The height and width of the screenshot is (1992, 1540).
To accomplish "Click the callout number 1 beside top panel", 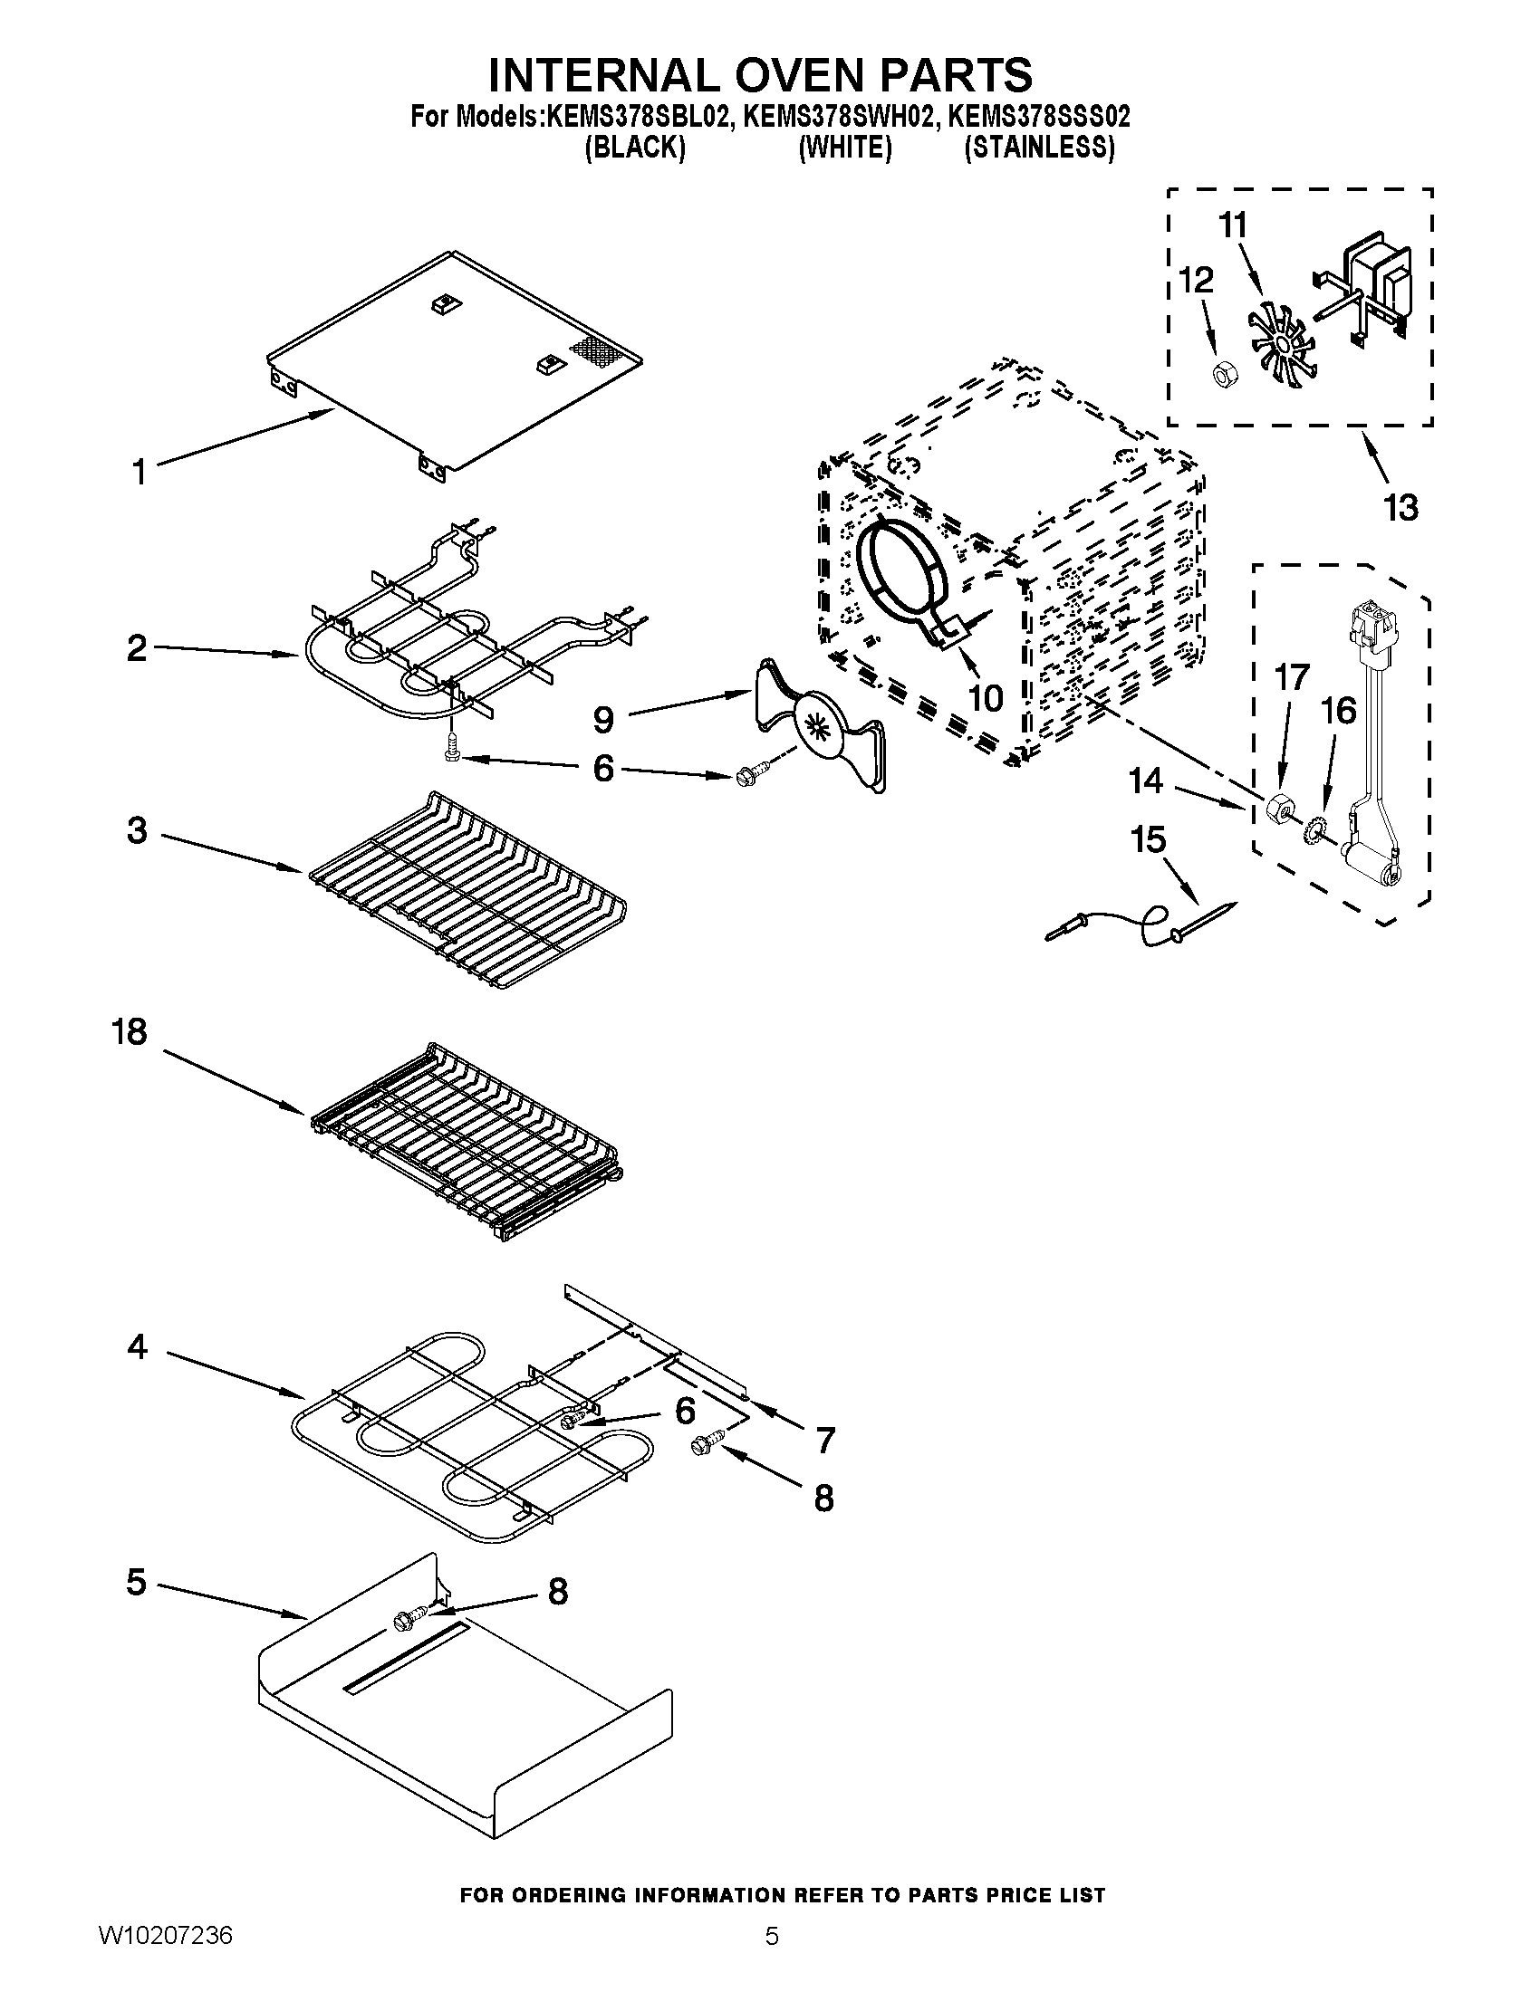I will pyautogui.click(x=139, y=473).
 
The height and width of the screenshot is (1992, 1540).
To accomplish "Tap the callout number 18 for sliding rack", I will pyautogui.click(x=130, y=1032).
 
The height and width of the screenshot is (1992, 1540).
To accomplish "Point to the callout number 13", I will pyautogui.click(x=1400, y=507).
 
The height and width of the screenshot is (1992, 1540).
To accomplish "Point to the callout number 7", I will pyautogui.click(x=824, y=1441).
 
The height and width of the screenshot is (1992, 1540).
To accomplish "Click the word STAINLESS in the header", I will pyautogui.click(x=1039, y=147).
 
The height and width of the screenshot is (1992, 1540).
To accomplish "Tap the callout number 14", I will pyautogui.click(x=1146, y=781).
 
